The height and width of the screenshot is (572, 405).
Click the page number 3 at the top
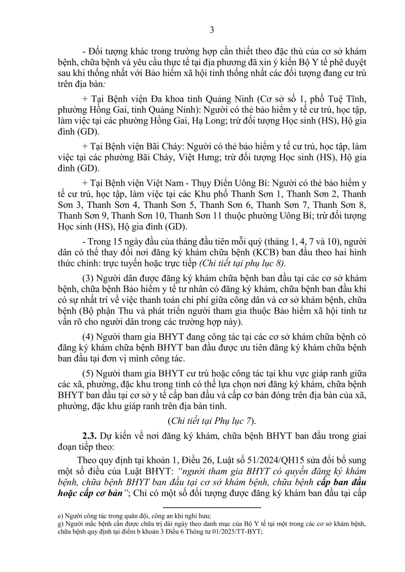(x=212, y=30)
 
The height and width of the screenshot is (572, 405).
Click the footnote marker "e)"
(x=59, y=515)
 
